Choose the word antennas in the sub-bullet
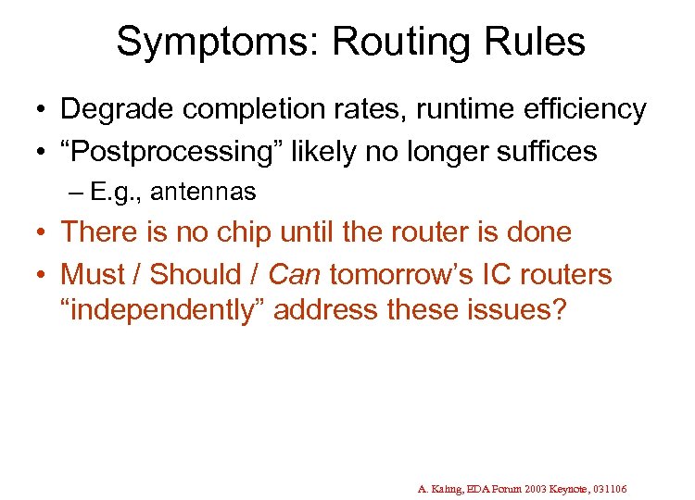pos(203,192)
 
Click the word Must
pos(92,274)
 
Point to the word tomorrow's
pos(409,274)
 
